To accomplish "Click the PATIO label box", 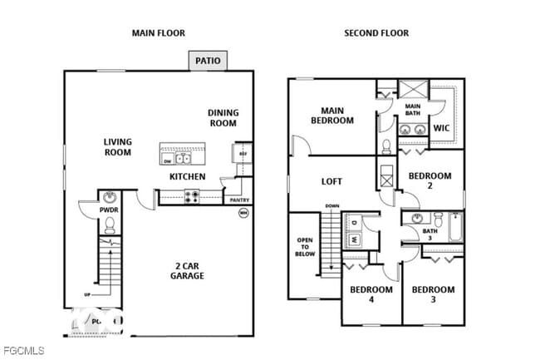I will click(x=207, y=61).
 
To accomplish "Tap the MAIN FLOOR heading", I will click(x=159, y=33).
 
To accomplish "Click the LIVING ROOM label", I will click(x=118, y=147).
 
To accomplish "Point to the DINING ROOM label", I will click(x=223, y=118).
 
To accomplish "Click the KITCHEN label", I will click(x=188, y=177).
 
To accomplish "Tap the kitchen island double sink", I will click(x=184, y=158).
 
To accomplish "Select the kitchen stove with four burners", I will click(x=191, y=197).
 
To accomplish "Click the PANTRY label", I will click(x=238, y=200).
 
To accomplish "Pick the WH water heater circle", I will click(x=243, y=213).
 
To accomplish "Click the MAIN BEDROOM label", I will click(x=332, y=115).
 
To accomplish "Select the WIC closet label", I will click(x=442, y=128).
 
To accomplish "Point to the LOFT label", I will click(x=332, y=181).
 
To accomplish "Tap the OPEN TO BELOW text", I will click(x=304, y=247).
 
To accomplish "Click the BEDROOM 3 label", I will click(x=434, y=295).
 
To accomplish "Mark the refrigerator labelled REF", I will click(x=243, y=154).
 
